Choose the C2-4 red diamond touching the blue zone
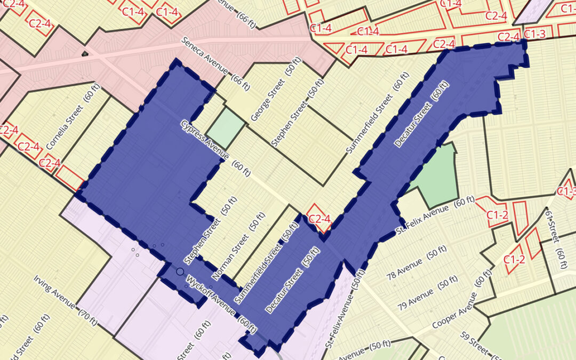pos(320,218)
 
